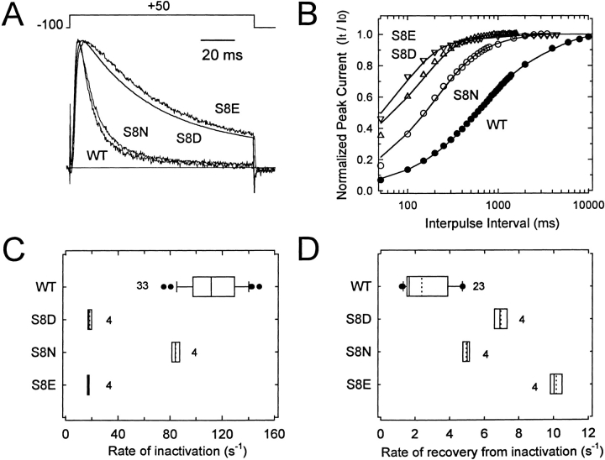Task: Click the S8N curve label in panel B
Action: tap(467, 97)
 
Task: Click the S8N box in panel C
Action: tap(176, 352)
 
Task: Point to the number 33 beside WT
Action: tap(143, 286)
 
